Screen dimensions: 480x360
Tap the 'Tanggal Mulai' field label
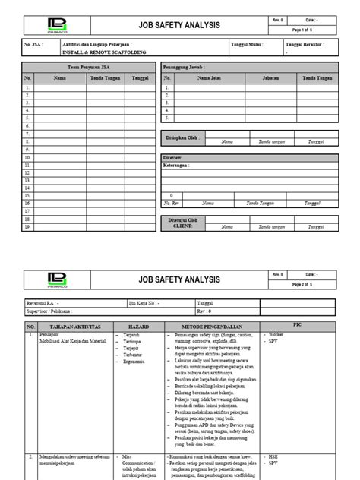click(x=247, y=46)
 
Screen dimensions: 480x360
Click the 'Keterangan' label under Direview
click(x=180, y=163)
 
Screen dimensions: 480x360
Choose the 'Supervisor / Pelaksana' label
click(x=52, y=311)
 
